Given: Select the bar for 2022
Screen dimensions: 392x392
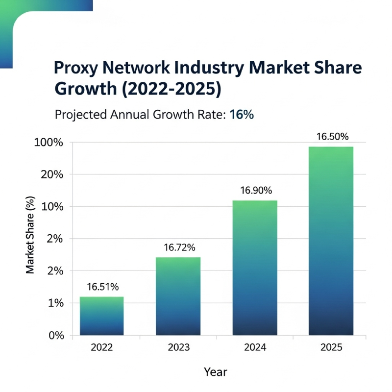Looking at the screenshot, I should pos(101,316).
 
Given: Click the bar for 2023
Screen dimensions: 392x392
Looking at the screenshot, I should pos(178,296).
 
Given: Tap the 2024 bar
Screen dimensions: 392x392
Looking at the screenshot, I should pos(254,268).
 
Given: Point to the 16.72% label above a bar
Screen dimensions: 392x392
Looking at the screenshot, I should pos(178,248).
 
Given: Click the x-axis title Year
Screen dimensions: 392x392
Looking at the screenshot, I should pos(216,372).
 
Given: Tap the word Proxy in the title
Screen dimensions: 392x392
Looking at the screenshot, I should pos(77,68).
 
